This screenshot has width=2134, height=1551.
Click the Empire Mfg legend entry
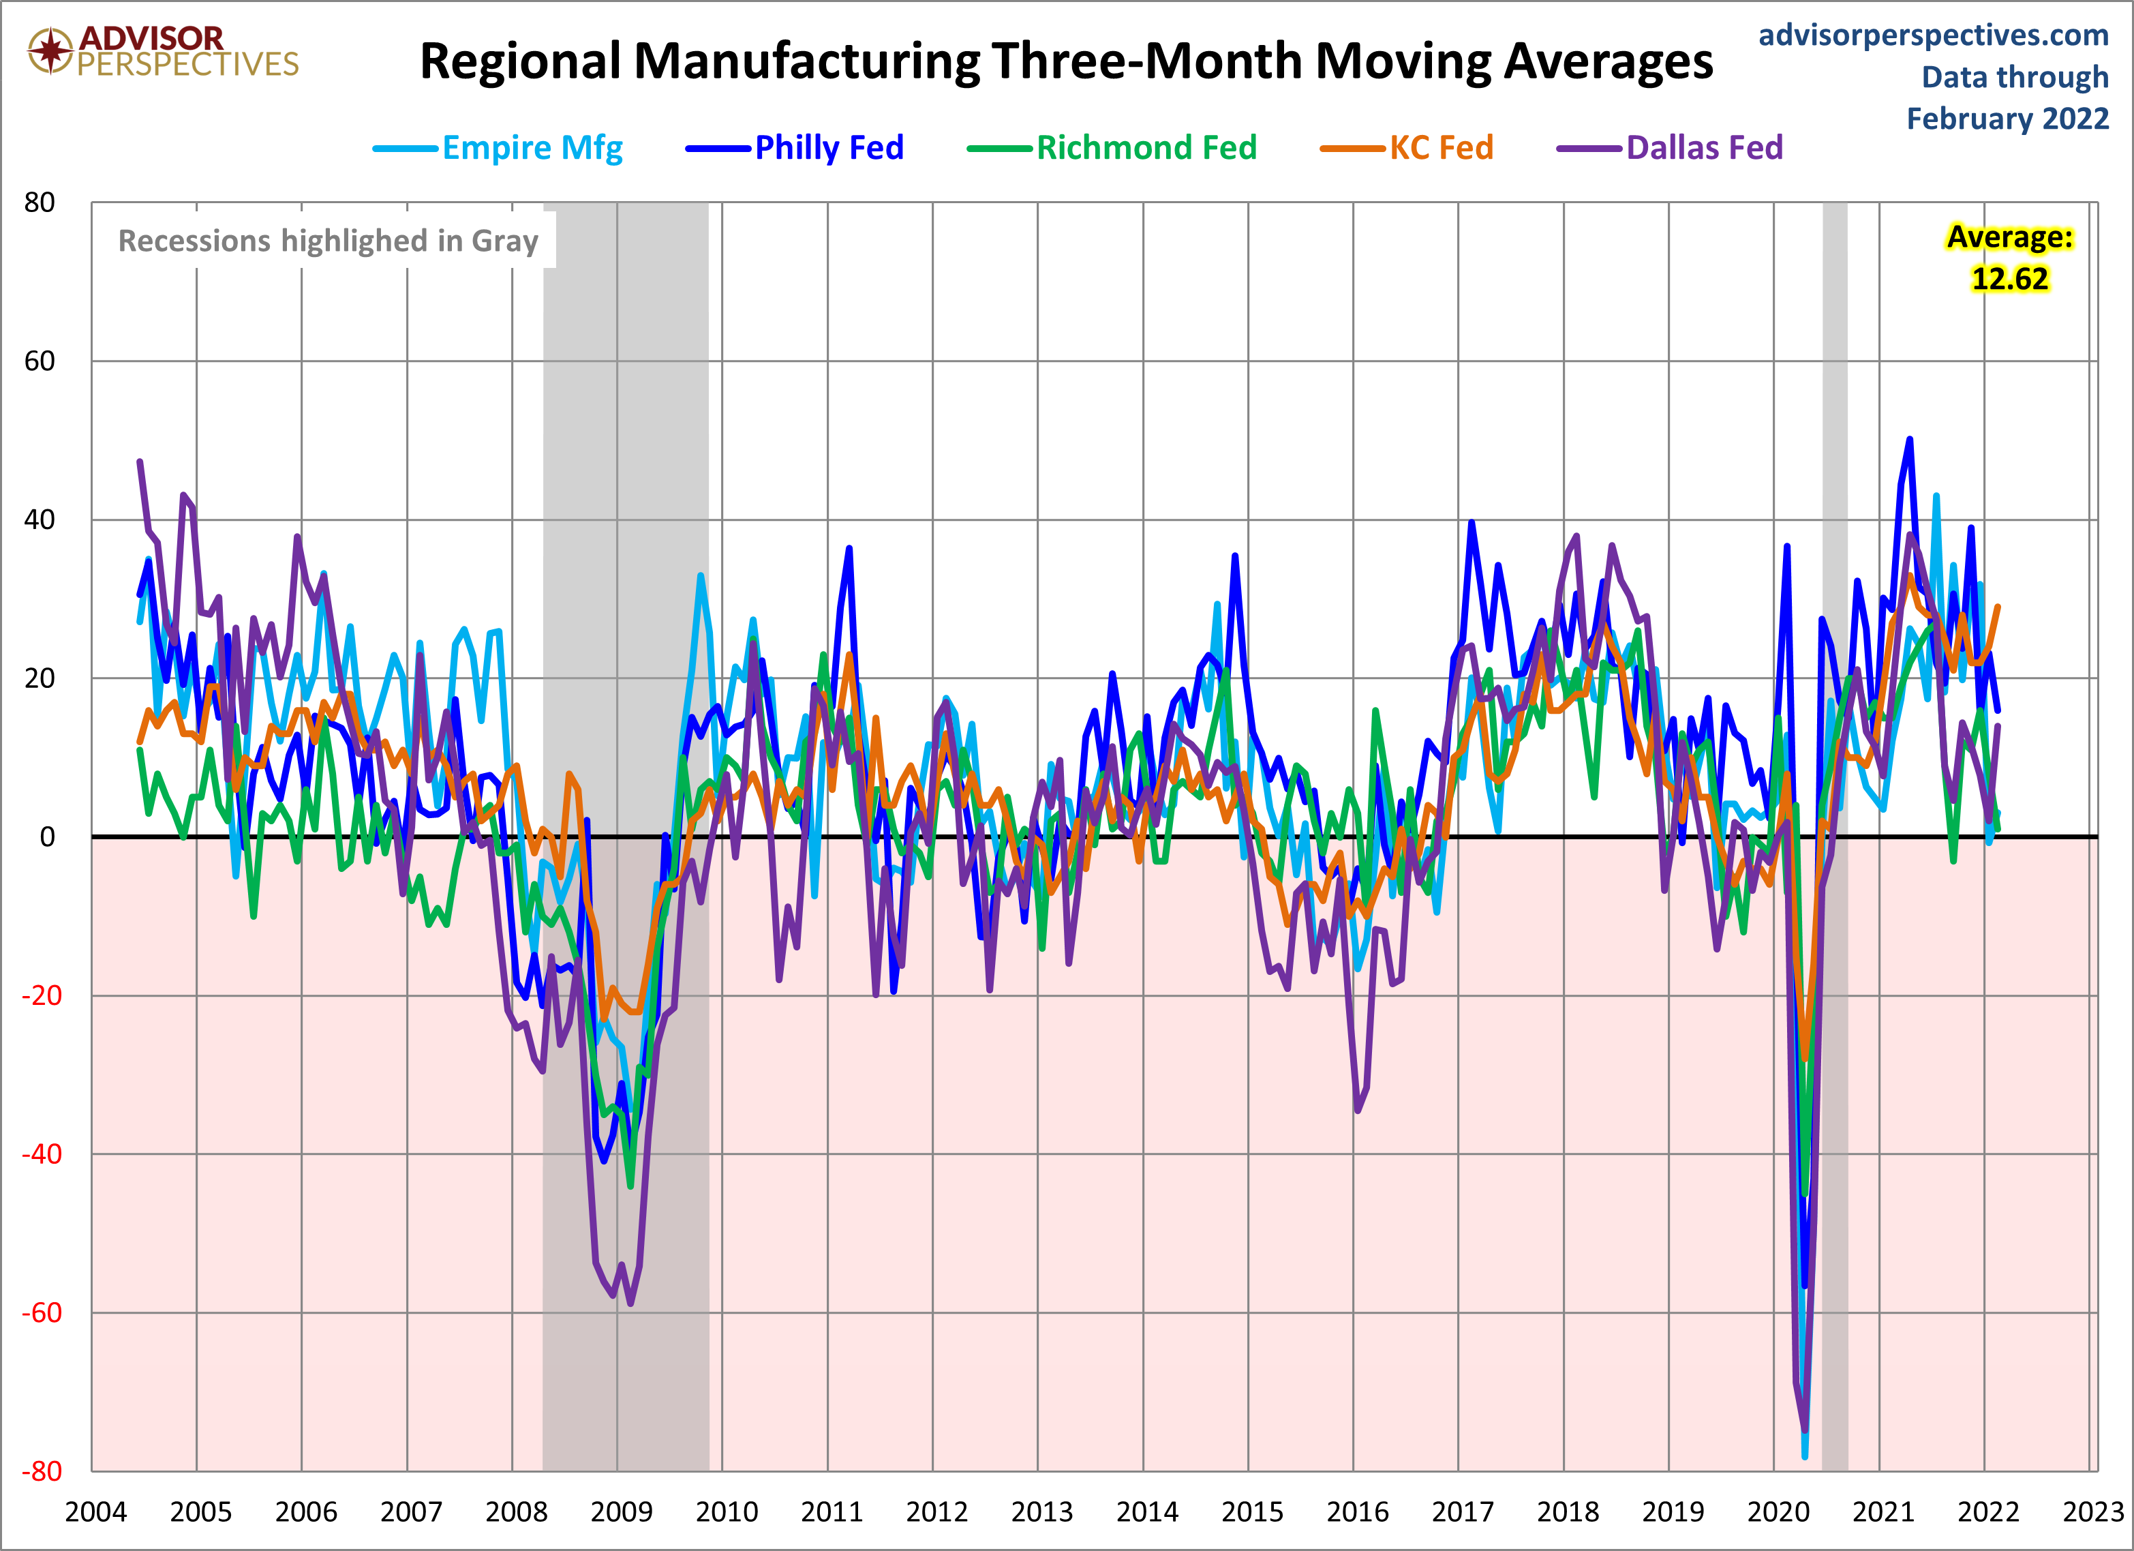(x=498, y=148)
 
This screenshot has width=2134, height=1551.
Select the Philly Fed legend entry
(x=795, y=148)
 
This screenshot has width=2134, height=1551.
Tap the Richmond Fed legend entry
(x=1112, y=148)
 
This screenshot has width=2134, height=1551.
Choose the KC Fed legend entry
(x=1407, y=148)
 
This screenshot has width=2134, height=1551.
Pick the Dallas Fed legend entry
(x=1670, y=148)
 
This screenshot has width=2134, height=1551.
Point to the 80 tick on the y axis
(x=40, y=202)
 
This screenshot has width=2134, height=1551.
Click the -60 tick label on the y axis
(x=42, y=1313)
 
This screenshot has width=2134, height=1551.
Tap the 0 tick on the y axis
(x=47, y=837)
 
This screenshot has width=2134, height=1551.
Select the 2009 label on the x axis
(x=621, y=1512)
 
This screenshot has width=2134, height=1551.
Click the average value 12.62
(x=2010, y=279)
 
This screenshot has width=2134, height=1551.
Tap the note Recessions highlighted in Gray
(x=329, y=241)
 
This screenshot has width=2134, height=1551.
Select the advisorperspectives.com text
(x=1934, y=35)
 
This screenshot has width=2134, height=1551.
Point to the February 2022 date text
(x=2008, y=119)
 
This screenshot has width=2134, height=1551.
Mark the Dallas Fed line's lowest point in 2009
(x=630, y=1304)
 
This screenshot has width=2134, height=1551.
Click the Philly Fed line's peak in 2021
(x=1909, y=438)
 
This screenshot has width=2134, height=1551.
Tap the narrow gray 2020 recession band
(x=1835, y=837)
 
